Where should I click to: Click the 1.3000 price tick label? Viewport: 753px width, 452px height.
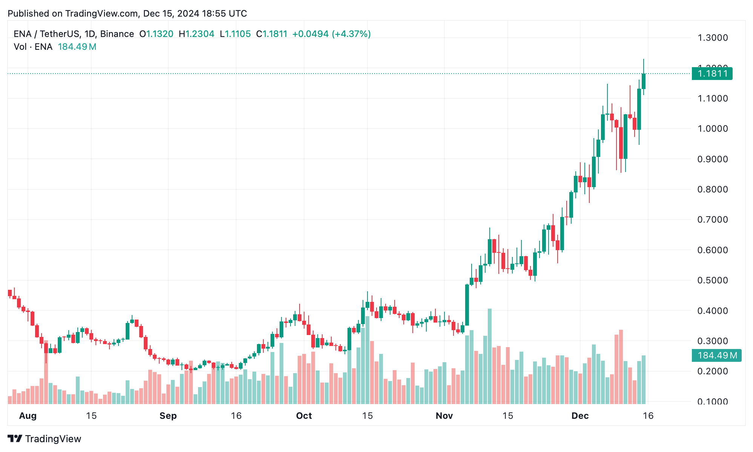pyautogui.click(x=712, y=38)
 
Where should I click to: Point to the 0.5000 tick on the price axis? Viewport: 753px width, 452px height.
pyautogui.click(x=712, y=280)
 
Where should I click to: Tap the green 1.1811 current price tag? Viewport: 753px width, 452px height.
pyautogui.click(x=712, y=74)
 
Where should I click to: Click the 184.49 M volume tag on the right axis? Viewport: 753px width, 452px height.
pyautogui.click(x=716, y=355)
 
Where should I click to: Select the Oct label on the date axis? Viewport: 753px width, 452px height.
pyautogui.click(x=304, y=416)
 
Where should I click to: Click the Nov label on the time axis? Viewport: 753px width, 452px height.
pyautogui.click(x=444, y=416)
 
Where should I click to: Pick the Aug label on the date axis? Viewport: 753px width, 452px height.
pyautogui.click(x=28, y=416)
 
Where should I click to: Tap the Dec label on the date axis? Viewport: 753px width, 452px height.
pyautogui.click(x=580, y=416)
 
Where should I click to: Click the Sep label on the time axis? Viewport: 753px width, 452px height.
pyautogui.click(x=168, y=416)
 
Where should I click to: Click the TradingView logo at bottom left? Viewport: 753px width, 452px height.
pyautogui.click(x=44, y=439)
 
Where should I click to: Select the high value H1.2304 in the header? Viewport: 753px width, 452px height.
pyautogui.click(x=197, y=34)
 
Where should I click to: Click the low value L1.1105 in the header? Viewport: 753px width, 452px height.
pyautogui.click(x=235, y=34)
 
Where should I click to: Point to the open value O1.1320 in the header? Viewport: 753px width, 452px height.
pyautogui.click(x=156, y=34)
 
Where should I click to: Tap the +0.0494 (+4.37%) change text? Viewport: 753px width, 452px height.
pyautogui.click(x=331, y=34)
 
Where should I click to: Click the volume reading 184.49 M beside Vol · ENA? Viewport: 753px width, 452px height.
pyautogui.click(x=77, y=47)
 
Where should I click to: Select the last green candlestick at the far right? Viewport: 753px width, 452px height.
pyautogui.click(x=644, y=81)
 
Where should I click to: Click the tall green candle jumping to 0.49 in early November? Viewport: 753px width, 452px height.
pyautogui.click(x=467, y=305)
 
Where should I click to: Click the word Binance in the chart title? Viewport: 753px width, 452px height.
pyautogui.click(x=117, y=34)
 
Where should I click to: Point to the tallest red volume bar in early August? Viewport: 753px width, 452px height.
pyautogui.click(x=46, y=372)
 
